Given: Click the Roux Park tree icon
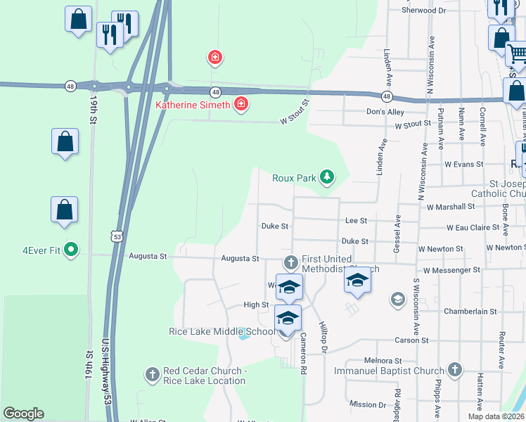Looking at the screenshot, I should pos(326,176).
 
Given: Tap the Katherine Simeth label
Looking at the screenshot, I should pos(192,105).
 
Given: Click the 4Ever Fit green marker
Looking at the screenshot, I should pos(71,249).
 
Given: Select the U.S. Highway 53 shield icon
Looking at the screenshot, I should pos(117,234).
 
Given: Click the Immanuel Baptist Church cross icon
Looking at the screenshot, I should pos(455,370).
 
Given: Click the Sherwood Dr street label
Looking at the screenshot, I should pos(424,11).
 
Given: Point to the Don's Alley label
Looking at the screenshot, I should pos(385,112).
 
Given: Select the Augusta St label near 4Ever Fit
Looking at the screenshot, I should pos(147,257).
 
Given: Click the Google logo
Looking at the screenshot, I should pos(23,414).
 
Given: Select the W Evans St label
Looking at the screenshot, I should pos(463,164).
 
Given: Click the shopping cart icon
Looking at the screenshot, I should pos(516,53).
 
